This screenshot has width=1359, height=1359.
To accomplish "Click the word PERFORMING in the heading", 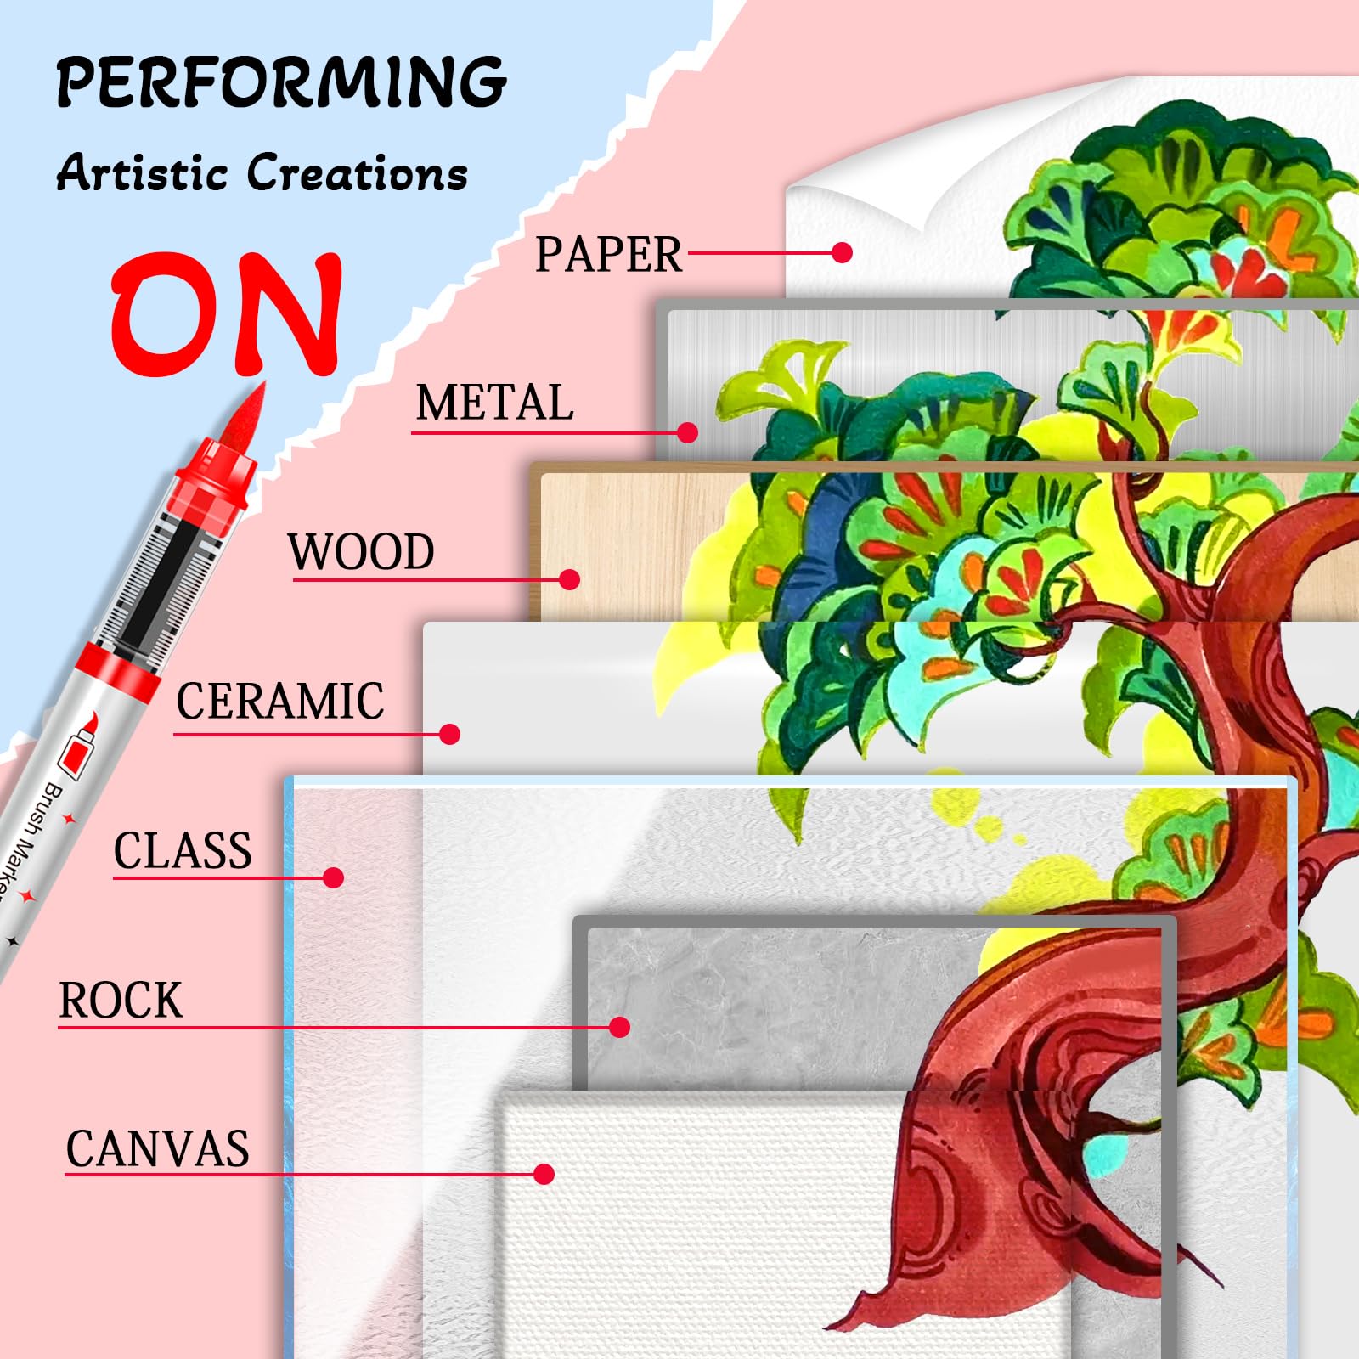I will pyautogui.click(x=281, y=82).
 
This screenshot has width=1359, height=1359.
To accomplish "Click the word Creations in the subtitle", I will pyautogui.click(x=358, y=172).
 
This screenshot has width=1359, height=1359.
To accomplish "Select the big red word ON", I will pyautogui.click(x=228, y=314).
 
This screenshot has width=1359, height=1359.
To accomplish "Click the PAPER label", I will pyautogui.click(x=608, y=254).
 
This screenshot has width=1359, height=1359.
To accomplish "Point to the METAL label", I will pyautogui.click(x=494, y=403).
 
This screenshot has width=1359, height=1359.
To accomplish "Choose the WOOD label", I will pyautogui.click(x=361, y=552).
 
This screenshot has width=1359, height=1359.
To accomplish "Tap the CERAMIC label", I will pyautogui.click(x=280, y=702).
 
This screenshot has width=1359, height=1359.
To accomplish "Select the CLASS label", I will pyautogui.click(x=183, y=851).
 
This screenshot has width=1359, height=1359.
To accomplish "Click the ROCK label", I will pyautogui.click(x=121, y=1001).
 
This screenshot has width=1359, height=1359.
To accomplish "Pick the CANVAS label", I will pyautogui.click(x=158, y=1149).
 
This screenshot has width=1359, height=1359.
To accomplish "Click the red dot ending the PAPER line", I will pyautogui.click(x=843, y=252).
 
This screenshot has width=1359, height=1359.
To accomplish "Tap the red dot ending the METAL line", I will pyautogui.click(x=688, y=433).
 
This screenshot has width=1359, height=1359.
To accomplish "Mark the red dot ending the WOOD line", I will pyautogui.click(x=570, y=579).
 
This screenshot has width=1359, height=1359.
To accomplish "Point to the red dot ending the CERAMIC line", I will pyautogui.click(x=450, y=734).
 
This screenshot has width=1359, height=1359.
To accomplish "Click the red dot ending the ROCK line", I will pyautogui.click(x=620, y=1027).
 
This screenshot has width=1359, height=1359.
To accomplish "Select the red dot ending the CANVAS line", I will pyautogui.click(x=544, y=1174).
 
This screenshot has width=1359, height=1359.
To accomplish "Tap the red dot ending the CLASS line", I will pyautogui.click(x=334, y=877).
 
